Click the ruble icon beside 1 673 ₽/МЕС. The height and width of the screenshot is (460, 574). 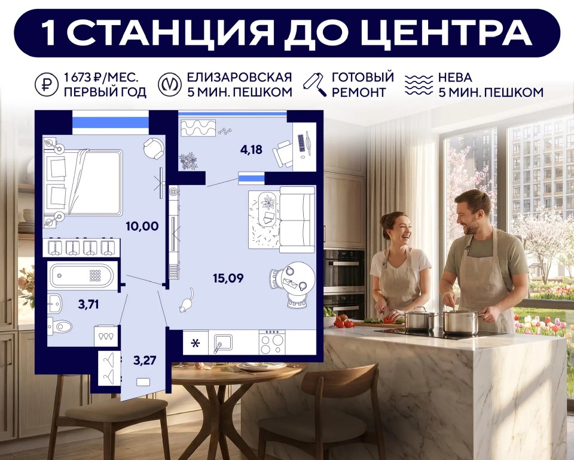point(46,85)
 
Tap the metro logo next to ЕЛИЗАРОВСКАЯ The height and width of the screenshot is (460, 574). point(169,85)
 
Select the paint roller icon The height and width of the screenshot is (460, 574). point(315,84)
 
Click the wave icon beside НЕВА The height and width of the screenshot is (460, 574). point(419,85)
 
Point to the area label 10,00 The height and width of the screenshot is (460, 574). point(142,226)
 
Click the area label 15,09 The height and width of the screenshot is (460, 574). point(228,278)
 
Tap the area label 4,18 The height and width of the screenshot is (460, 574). point(252,150)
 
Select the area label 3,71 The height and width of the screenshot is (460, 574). point(88,304)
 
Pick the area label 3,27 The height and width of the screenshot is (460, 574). point(145,360)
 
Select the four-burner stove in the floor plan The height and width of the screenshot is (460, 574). point(272,342)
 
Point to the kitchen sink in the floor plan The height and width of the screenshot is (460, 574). point(223,343)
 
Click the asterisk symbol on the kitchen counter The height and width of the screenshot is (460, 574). point(196,344)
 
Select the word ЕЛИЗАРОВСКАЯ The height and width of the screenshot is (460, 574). point(239,77)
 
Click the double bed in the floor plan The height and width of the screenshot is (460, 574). point(84,182)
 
